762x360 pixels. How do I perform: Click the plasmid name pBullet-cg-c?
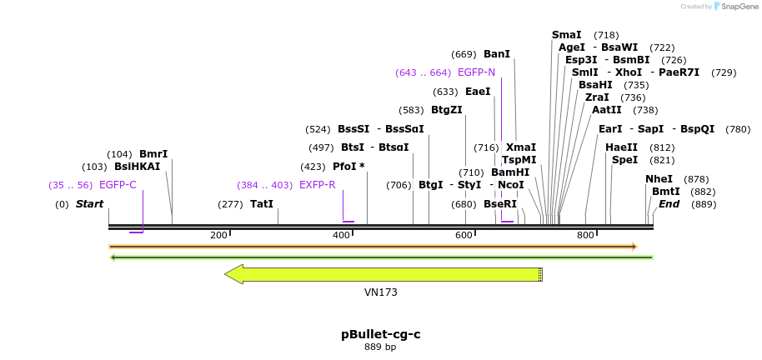tap(380, 334)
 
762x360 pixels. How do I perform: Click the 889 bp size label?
tap(380, 347)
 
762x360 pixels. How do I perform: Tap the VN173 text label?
tap(380, 292)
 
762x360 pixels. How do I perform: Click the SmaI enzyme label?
tap(566, 35)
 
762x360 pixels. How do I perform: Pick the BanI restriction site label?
tap(496, 54)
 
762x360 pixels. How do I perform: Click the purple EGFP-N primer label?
tap(476, 72)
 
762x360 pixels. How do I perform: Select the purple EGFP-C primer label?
tap(118, 185)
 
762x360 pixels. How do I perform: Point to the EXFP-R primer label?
tap(317, 185)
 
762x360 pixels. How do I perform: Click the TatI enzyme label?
tap(261, 204)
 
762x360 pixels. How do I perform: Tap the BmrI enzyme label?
tap(153, 154)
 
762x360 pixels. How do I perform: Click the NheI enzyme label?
tap(659, 179)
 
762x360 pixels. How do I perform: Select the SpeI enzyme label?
tap(624, 160)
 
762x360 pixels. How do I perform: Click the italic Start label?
tap(89, 204)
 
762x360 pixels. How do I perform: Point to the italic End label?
tap(669, 204)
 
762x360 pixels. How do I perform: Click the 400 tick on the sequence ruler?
tap(342, 235)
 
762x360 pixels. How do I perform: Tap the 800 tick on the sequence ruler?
tap(585, 235)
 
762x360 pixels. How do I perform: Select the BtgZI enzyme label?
tap(446, 110)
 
